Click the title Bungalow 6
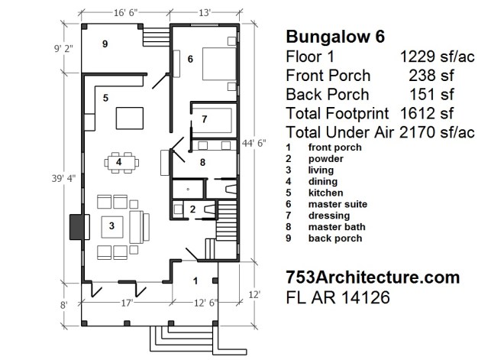335,37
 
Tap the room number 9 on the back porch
106,44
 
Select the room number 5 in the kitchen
106,97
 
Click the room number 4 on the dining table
119,162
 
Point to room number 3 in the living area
111,225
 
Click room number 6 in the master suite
190,58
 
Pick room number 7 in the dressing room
205,118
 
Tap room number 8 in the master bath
203,162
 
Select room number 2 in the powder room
192,209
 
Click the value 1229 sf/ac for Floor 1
438,57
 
